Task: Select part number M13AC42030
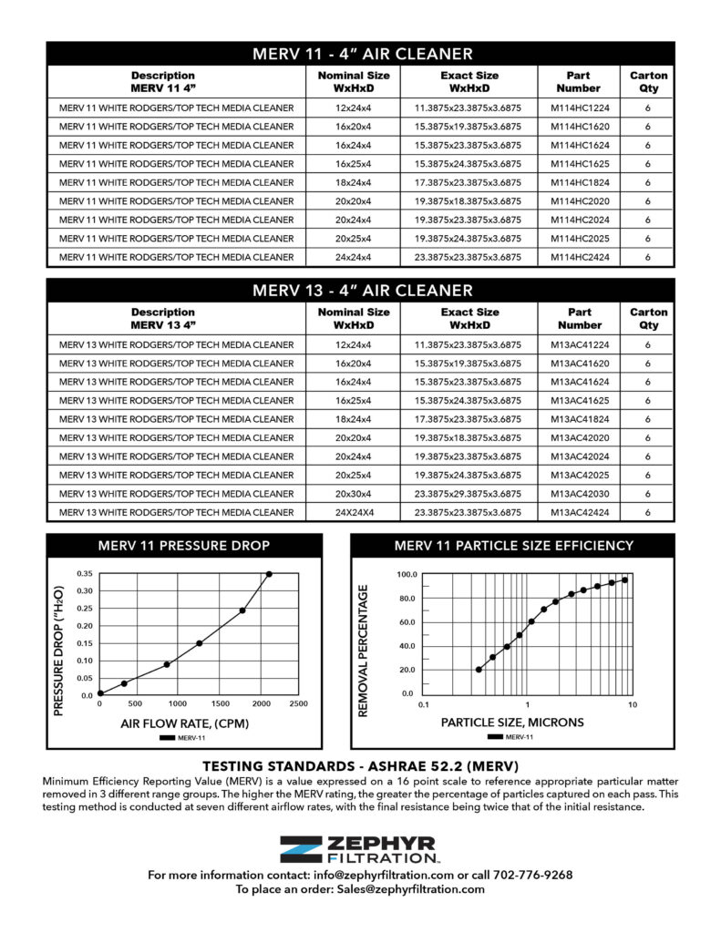[x=580, y=495]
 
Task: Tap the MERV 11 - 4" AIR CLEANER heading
[x=361, y=54]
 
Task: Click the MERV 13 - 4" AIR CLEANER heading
[x=361, y=291]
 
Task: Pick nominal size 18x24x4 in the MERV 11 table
[x=353, y=182]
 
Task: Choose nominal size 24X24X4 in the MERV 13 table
[x=353, y=513]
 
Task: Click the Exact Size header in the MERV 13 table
[x=469, y=318]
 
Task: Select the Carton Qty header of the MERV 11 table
[x=648, y=82]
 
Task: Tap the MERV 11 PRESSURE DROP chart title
[x=184, y=546]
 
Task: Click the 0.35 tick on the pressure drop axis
[x=84, y=574]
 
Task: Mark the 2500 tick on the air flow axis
[x=297, y=704]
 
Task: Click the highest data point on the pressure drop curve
[x=269, y=574]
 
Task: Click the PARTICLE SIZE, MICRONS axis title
[x=513, y=723]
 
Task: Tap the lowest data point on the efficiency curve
[x=479, y=670]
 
